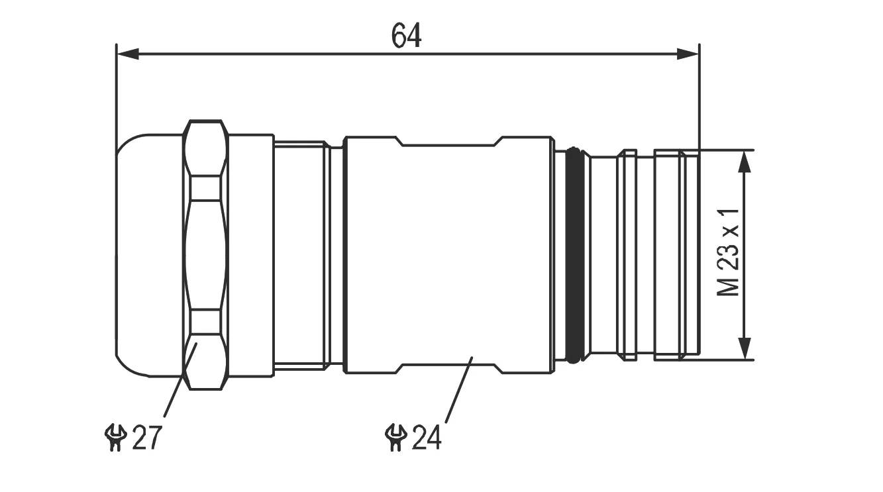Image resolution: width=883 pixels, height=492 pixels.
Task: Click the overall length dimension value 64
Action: click(407, 36)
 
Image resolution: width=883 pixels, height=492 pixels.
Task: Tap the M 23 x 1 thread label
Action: click(728, 252)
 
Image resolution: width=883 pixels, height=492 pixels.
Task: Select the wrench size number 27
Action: click(147, 437)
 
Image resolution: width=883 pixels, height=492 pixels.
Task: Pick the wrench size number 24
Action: click(427, 437)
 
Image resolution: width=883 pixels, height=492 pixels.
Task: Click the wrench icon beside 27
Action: click(115, 437)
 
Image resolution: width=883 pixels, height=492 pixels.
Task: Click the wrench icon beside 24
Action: click(395, 437)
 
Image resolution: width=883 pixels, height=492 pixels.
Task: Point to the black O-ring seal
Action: click(574, 254)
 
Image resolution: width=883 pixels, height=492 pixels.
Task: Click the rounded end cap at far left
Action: click(149, 255)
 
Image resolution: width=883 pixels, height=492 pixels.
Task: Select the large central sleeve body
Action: click(448, 255)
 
